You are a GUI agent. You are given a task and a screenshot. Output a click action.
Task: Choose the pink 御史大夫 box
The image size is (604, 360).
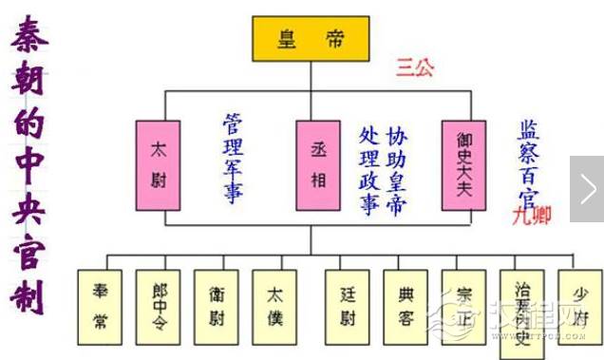pyautogui.click(x=464, y=163)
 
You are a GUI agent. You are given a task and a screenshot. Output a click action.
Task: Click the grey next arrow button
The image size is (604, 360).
pyautogui.click(x=588, y=190)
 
